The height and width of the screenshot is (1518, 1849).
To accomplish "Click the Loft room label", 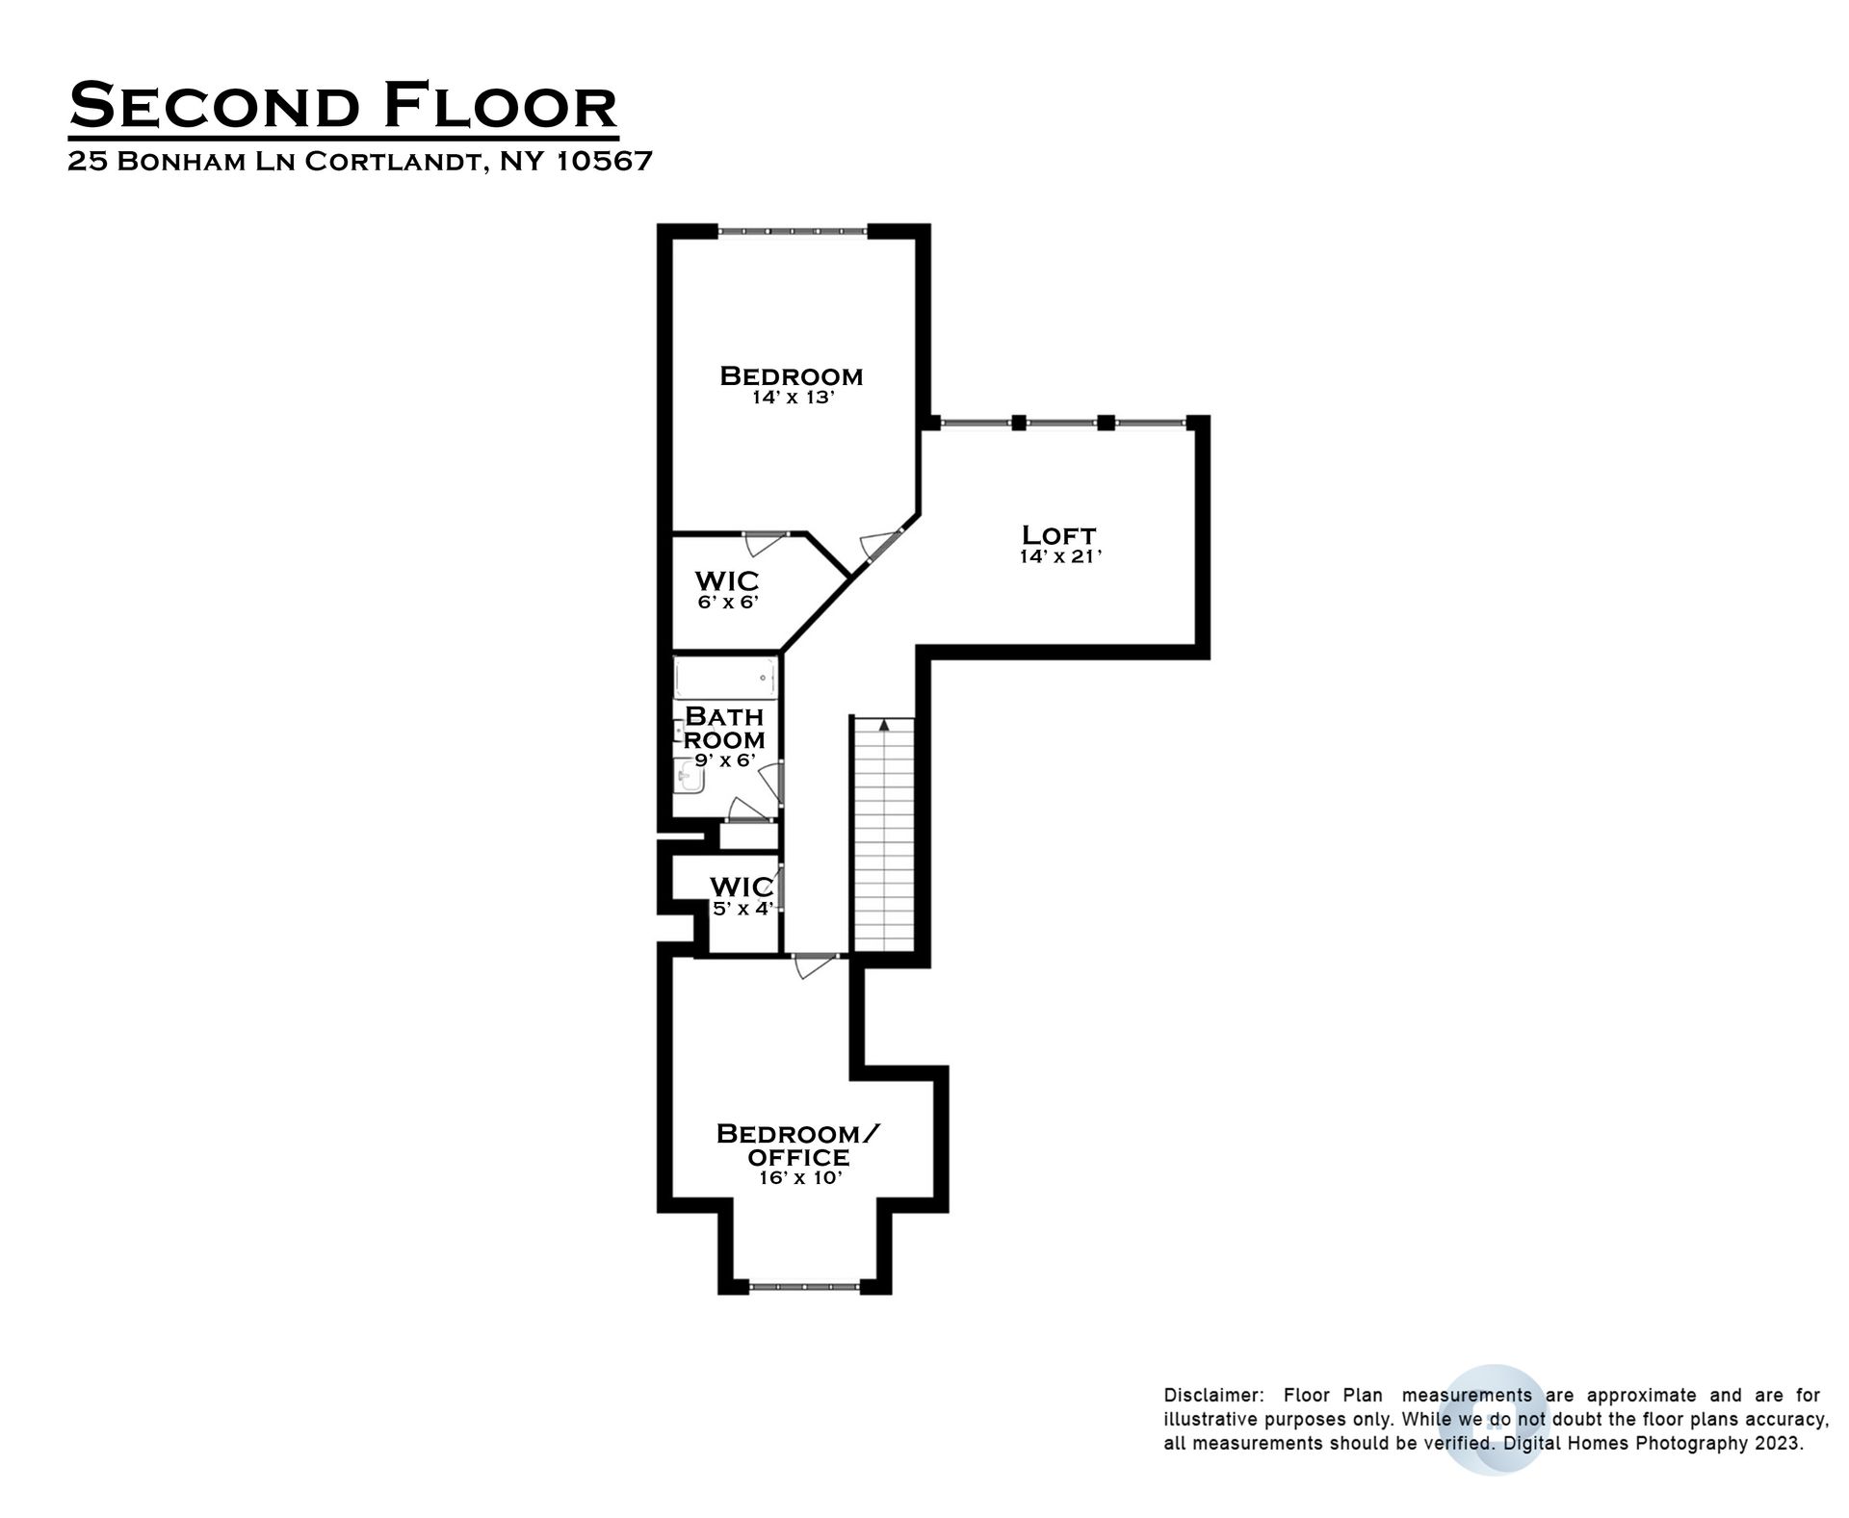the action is click(1058, 534).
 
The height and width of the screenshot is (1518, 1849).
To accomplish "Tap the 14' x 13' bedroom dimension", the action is click(792, 397).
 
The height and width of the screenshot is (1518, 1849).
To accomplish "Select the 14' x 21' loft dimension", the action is click(1060, 556).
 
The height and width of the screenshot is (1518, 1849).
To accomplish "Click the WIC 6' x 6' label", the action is click(727, 581).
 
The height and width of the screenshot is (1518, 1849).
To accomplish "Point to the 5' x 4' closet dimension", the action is click(742, 908).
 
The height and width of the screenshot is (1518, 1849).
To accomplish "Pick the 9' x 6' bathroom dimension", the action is click(724, 760).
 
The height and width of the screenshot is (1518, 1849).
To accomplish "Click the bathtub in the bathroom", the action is click(724, 679).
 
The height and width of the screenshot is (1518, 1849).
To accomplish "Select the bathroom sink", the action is click(689, 776).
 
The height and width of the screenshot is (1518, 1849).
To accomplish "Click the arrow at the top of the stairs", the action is click(884, 725).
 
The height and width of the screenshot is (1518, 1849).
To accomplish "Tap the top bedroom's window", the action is click(793, 231).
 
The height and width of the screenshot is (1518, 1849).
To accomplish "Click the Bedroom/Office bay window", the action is click(804, 1285).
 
